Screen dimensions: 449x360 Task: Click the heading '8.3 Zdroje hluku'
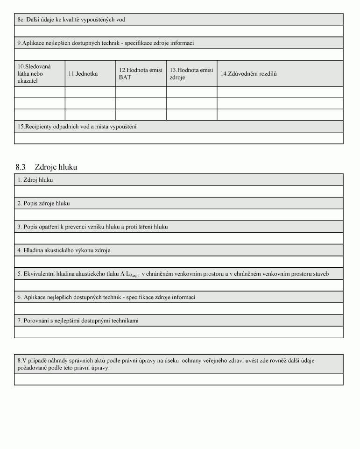46,167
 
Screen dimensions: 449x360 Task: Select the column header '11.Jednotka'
83,74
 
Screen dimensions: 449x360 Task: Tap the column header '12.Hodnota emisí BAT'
141,74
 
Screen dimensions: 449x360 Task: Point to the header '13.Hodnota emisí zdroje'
191,74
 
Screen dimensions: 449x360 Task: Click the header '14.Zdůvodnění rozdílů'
248,74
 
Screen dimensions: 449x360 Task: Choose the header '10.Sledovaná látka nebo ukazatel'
35,74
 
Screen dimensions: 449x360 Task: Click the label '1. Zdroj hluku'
35,180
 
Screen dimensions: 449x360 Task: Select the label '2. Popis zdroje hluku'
43,204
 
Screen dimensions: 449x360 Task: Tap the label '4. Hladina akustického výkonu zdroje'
64,250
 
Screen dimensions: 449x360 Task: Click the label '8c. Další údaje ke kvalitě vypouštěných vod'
71,20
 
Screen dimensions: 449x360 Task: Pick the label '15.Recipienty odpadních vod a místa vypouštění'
77,127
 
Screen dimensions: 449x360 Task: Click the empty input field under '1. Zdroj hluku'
179,192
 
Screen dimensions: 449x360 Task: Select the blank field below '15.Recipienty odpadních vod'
179,138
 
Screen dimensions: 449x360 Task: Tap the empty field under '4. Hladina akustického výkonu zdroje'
179,262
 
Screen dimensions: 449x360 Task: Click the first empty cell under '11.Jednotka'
90,92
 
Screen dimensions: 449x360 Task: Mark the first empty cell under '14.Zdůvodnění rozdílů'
280,92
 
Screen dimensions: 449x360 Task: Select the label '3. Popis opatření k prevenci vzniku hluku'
92,227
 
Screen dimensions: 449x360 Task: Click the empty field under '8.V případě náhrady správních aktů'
179,379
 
